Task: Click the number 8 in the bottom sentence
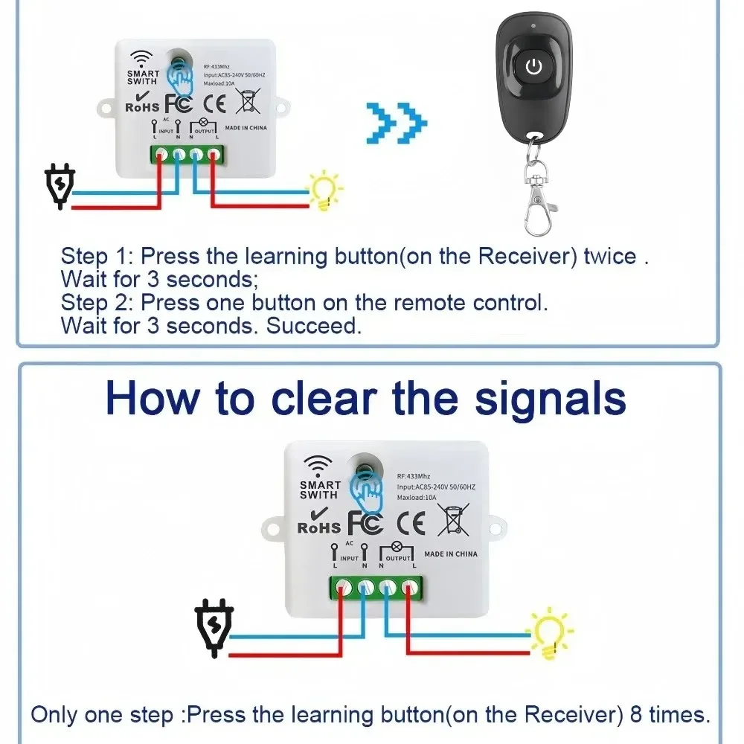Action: pos(636,715)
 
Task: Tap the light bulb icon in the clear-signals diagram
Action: pos(551,634)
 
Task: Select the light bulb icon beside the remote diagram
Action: pos(326,191)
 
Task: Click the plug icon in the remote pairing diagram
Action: pos(59,186)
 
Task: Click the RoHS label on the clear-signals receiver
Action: pos(318,527)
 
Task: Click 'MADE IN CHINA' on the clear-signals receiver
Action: pos(451,554)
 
